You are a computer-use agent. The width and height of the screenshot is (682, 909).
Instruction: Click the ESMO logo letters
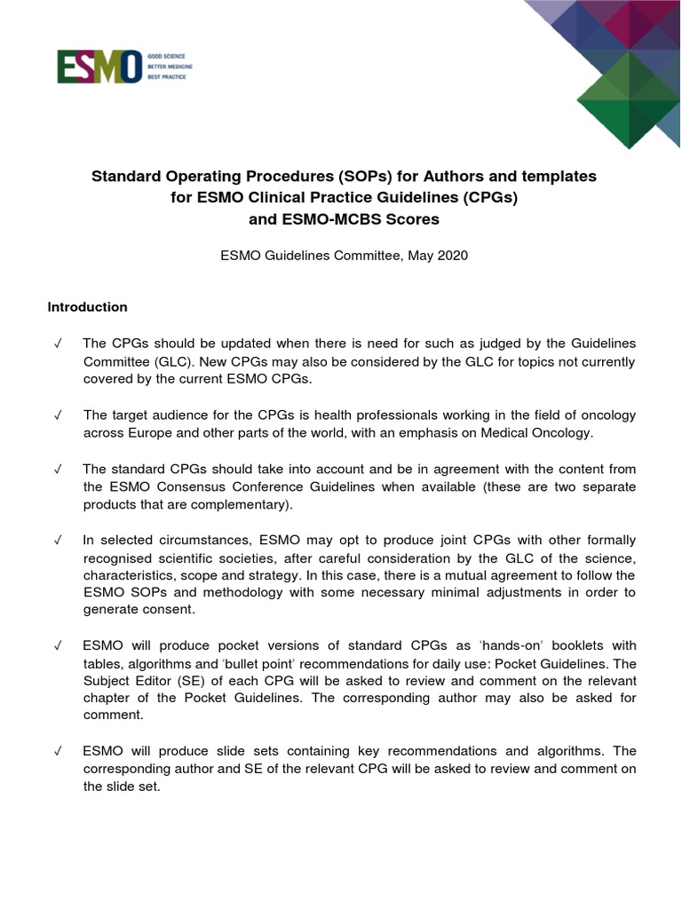coord(99,67)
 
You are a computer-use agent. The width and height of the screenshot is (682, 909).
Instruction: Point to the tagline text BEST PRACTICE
coord(168,78)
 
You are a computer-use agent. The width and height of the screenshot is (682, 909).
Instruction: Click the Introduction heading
coord(87,307)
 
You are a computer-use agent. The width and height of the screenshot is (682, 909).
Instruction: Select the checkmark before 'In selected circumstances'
coord(58,541)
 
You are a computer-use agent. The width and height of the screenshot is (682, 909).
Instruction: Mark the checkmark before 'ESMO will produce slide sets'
coord(58,751)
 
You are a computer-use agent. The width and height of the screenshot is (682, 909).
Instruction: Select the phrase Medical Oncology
coord(535,433)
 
